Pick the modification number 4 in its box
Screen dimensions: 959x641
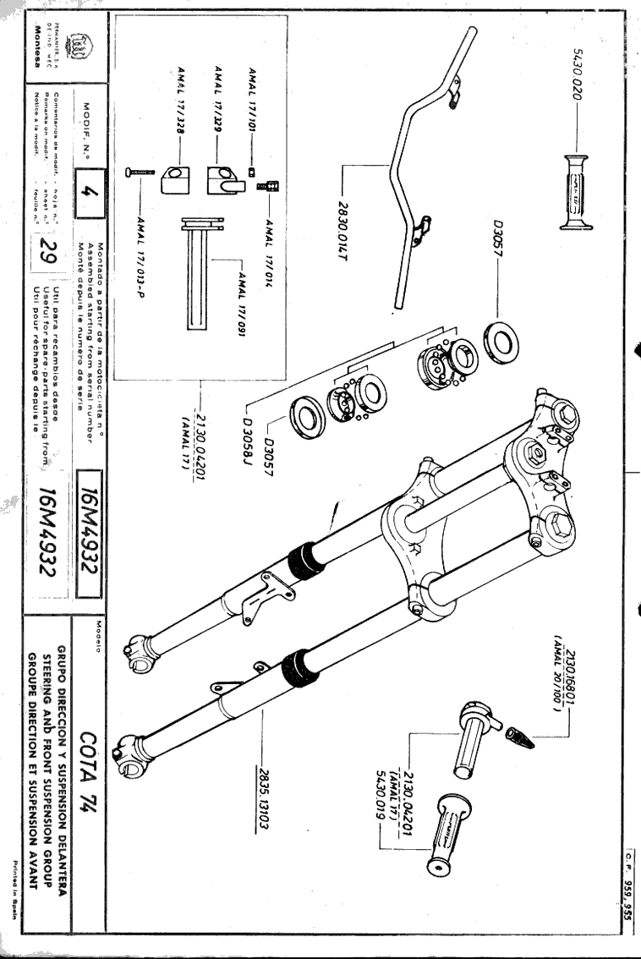(96, 194)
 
